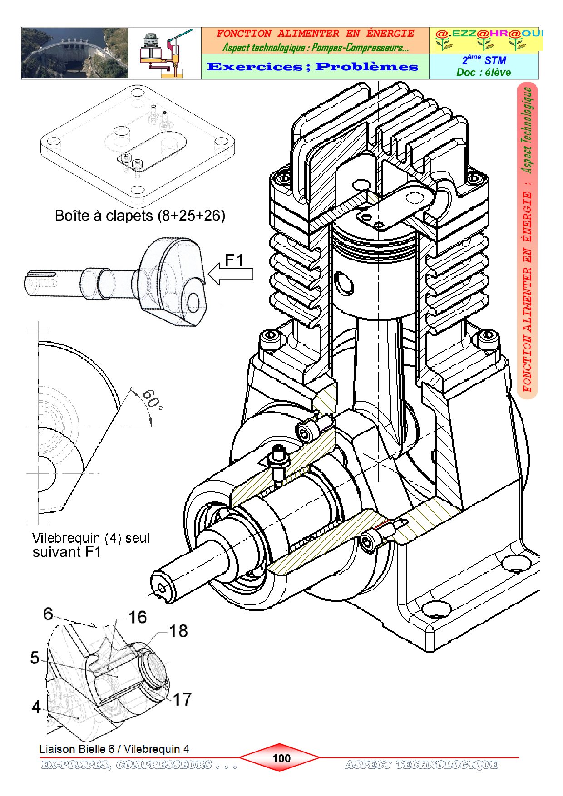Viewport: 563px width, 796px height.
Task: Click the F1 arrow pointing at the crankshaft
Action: click(230, 275)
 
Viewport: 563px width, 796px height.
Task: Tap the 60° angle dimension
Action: click(153, 399)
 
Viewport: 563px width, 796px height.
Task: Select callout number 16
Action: click(138, 617)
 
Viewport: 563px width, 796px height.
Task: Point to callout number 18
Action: click(178, 631)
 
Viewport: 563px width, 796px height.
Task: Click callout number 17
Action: click(182, 699)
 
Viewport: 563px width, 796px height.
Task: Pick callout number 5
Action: click(35, 658)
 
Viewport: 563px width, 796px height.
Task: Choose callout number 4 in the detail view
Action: click(36, 707)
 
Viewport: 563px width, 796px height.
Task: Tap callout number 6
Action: click(48, 614)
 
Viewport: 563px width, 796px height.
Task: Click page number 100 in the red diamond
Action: click(281, 758)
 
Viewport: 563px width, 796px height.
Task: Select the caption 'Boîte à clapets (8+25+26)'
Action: click(140, 215)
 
